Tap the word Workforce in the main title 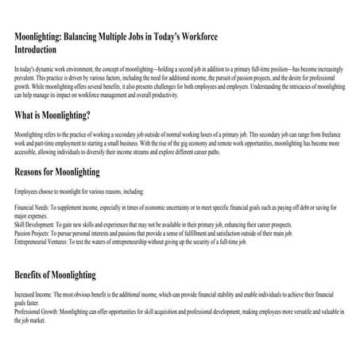(x=195, y=37)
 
